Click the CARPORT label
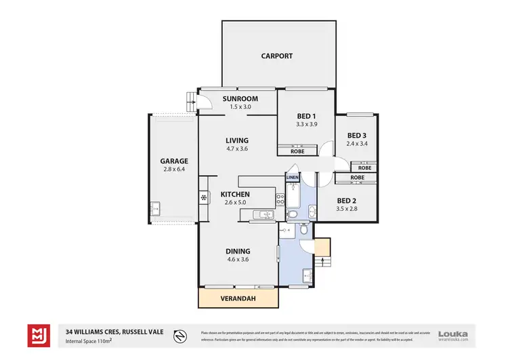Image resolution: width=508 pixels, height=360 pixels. (x=277, y=56)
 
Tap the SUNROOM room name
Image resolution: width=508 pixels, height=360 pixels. (x=237, y=98)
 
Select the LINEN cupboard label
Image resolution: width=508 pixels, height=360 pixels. (x=292, y=178)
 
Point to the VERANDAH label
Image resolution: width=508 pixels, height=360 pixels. (x=238, y=298)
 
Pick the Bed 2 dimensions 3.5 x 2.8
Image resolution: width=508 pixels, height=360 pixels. (x=345, y=209)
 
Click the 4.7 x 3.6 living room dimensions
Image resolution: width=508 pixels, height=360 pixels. (x=237, y=149)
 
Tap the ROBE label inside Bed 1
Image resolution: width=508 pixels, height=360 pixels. (x=297, y=151)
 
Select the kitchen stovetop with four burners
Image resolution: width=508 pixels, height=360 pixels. (x=279, y=199)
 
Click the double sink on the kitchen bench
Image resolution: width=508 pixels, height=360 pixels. (x=261, y=216)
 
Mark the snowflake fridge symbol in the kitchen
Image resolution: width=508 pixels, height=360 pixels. (x=203, y=198)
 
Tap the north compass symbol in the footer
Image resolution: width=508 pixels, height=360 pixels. (x=180, y=334)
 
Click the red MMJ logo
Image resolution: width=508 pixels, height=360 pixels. (x=37, y=335)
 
